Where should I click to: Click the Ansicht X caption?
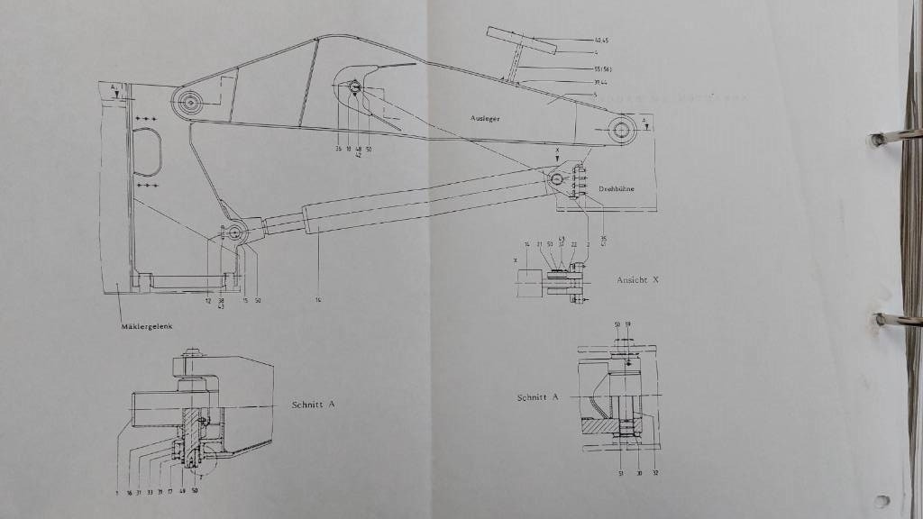[x=638, y=280]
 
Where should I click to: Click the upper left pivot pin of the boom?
[x=191, y=103]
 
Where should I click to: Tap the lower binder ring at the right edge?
[x=895, y=320]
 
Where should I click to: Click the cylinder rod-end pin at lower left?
[x=235, y=233]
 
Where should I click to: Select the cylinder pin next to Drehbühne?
[x=559, y=178]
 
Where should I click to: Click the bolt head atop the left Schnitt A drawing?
[x=192, y=352]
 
